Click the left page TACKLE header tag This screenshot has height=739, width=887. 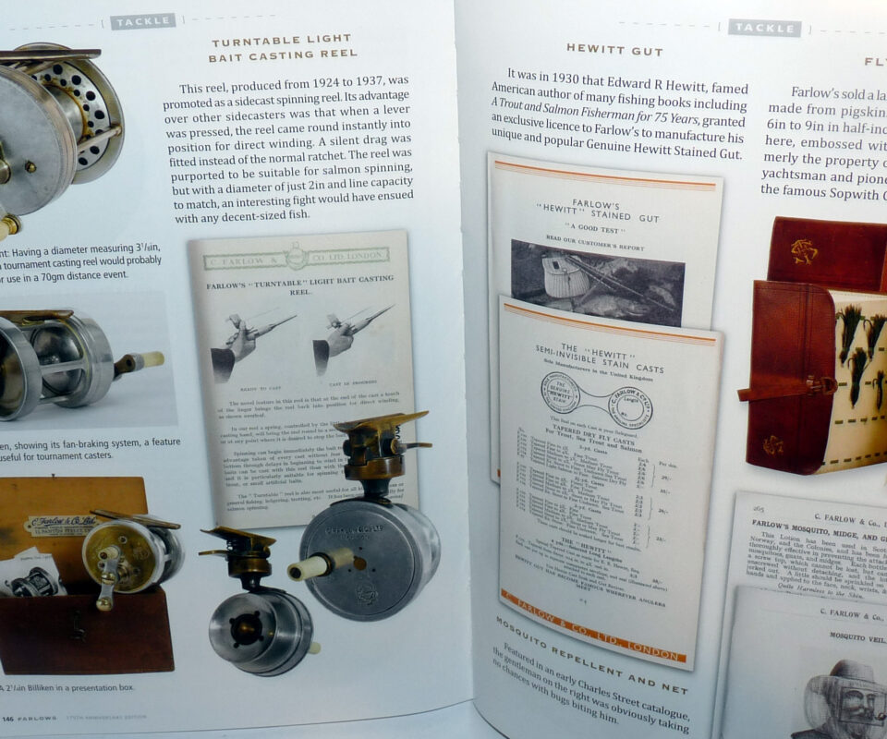(142, 21)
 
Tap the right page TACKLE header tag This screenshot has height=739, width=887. (764, 28)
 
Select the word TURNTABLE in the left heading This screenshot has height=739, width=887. (249, 42)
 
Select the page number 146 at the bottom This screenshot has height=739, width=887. (7, 718)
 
